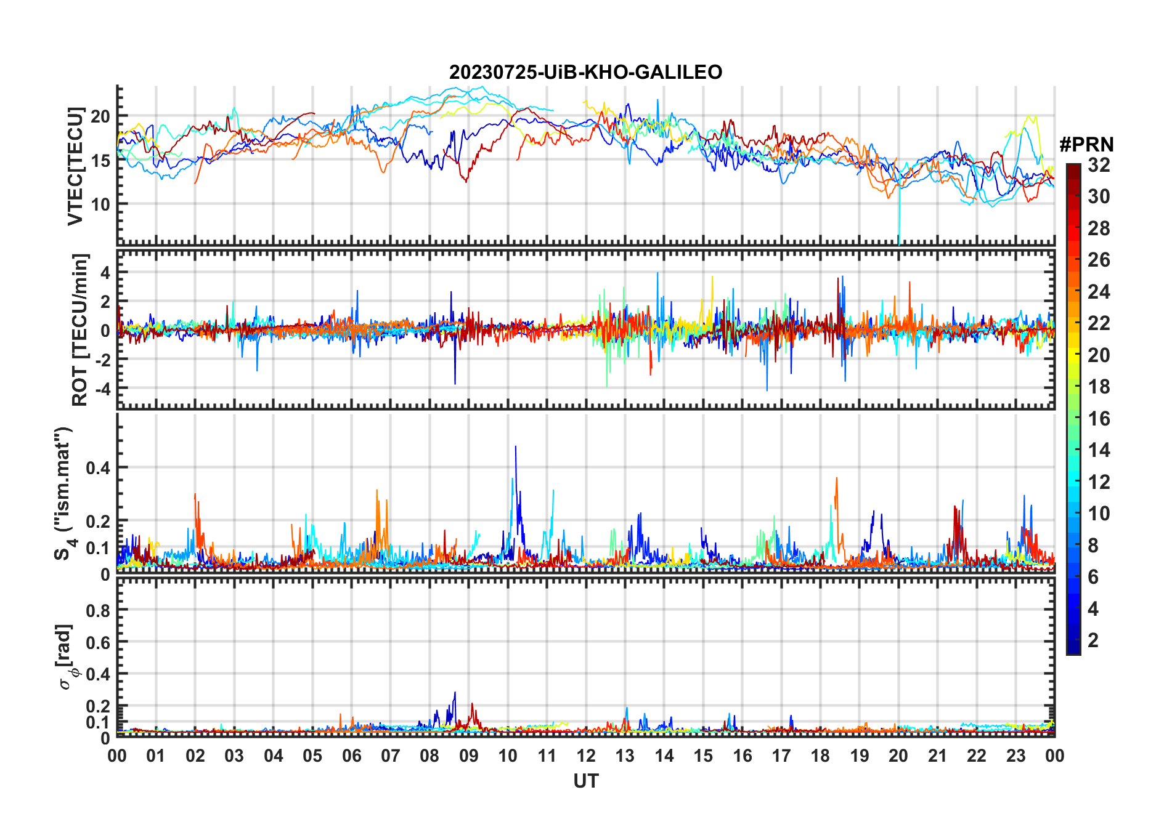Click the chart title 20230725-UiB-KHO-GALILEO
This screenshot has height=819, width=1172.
tap(585, 73)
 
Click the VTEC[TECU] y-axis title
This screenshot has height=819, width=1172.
tap(75, 166)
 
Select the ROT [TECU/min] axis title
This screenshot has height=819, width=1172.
tap(80, 329)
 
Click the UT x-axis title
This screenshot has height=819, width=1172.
tap(585, 781)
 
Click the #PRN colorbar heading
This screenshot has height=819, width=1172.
tap(1086, 145)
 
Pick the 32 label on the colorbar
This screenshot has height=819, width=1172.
tap(1099, 165)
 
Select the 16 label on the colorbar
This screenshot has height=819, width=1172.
tap(1099, 419)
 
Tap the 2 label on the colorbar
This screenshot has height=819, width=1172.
tap(1093, 640)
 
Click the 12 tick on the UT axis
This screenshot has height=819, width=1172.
tap(586, 756)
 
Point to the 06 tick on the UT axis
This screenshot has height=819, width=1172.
tap(351, 756)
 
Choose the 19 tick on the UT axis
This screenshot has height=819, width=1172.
tap(860, 756)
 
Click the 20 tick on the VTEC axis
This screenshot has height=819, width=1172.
tap(100, 116)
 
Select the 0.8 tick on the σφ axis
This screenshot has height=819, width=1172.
tap(98, 610)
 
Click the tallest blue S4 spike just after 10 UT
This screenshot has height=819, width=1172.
tap(516, 447)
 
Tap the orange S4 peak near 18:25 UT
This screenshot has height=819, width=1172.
tap(836, 478)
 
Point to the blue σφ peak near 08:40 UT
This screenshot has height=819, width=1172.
tap(455, 693)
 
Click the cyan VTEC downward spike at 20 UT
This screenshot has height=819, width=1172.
tap(899, 237)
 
